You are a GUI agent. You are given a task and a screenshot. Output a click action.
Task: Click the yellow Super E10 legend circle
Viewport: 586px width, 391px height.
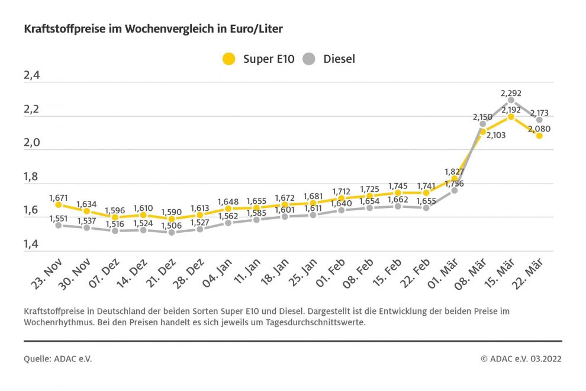point(228,59)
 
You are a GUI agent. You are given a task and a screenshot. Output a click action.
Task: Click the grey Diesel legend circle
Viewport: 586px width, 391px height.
point(309,59)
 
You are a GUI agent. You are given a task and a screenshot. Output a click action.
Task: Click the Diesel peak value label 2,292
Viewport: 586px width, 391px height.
point(511,93)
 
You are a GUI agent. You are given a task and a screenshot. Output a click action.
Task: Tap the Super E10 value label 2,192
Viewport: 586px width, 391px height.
point(511,110)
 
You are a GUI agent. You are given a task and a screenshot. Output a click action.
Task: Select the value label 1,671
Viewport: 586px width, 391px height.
point(58,196)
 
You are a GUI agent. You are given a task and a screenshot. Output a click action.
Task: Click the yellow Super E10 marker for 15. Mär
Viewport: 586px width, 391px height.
point(511,117)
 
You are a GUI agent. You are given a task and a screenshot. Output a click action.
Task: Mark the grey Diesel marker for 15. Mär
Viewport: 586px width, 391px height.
point(511,100)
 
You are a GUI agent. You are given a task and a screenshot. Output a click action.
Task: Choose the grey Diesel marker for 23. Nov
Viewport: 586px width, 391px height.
point(58,225)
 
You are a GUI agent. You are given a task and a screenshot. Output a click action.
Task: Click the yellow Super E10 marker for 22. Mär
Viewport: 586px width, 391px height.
point(539,136)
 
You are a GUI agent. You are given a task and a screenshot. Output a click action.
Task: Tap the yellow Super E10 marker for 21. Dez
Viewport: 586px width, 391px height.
point(171,219)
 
